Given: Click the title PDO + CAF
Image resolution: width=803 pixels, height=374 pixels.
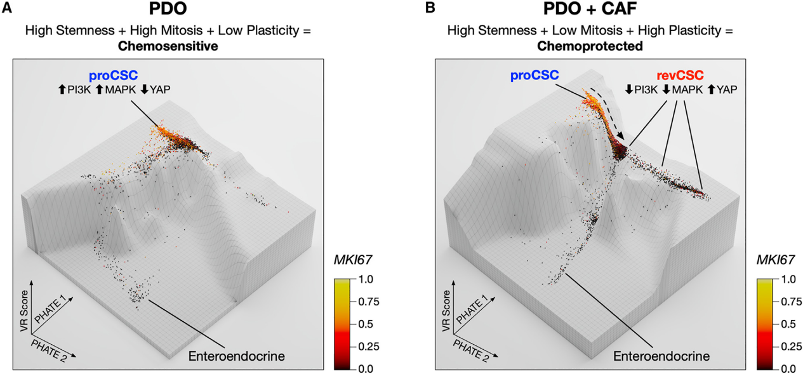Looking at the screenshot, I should point(590,11).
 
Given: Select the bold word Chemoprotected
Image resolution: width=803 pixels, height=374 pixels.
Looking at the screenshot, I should point(590,46).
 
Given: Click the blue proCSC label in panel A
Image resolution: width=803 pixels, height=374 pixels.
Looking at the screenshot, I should point(113,76).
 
